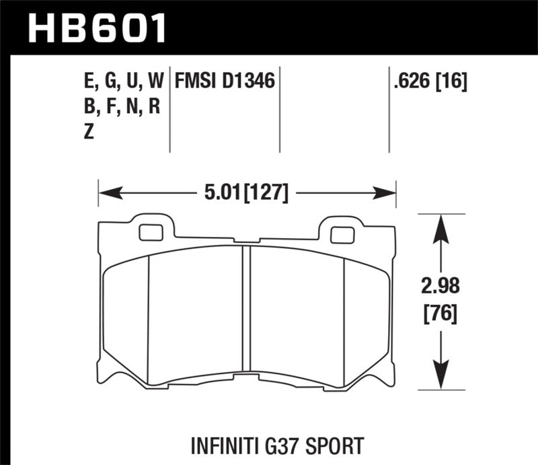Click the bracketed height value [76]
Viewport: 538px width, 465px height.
pyautogui.click(x=440, y=313)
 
